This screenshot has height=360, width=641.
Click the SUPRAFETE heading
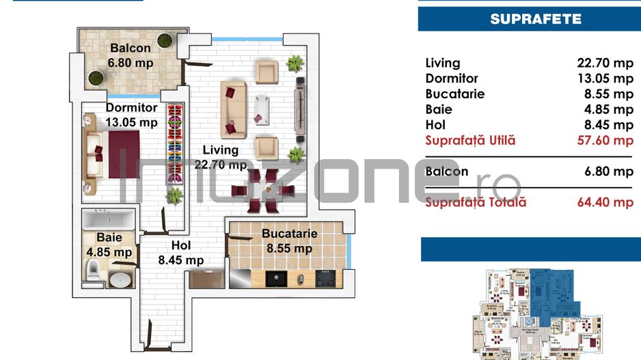coord(535,18)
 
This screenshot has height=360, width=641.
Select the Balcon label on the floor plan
coord(130,49)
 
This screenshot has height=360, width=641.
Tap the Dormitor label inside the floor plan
coord(131,108)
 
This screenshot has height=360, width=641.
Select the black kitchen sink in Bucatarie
coord(275,279)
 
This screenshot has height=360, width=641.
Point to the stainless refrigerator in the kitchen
coord(242,279)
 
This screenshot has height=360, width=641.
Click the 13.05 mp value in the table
coord(605,79)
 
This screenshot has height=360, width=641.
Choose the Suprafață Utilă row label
coord(470,141)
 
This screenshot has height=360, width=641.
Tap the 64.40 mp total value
coord(605,202)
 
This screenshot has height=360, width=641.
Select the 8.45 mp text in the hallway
coord(180,260)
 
